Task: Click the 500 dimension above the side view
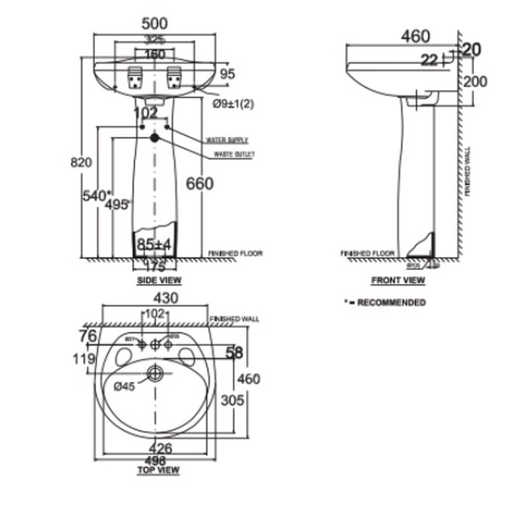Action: pyautogui.click(x=154, y=24)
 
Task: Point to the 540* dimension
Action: pyautogui.click(x=97, y=195)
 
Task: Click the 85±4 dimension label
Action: pyautogui.click(x=154, y=245)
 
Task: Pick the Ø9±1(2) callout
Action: pyautogui.click(x=233, y=104)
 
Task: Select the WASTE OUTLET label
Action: pyautogui.click(x=234, y=155)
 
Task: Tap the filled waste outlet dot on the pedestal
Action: pyautogui.click(x=154, y=138)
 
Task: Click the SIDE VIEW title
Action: pyautogui.click(x=158, y=280)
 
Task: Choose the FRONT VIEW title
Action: pyautogui.click(x=398, y=280)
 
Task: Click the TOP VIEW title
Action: pyautogui.click(x=158, y=470)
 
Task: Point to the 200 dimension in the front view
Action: pyautogui.click(x=475, y=81)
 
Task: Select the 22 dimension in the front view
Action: pyautogui.click(x=430, y=60)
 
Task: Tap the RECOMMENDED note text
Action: pyautogui.click(x=389, y=303)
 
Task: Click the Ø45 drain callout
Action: pyautogui.click(x=125, y=386)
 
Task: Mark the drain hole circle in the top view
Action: pyautogui.click(x=155, y=372)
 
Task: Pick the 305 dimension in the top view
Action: pyautogui.click(x=233, y=401)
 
